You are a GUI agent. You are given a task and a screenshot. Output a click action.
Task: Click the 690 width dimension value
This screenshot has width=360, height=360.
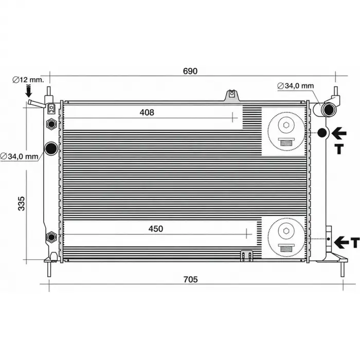(x=190, y=71)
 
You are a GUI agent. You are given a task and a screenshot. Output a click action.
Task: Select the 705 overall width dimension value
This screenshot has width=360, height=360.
(x=191, y=279)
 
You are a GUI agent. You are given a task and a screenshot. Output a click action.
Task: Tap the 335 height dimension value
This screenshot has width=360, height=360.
(x=22, y=204)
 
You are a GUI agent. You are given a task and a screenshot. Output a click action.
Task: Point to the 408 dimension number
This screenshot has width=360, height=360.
(x=147, y=112)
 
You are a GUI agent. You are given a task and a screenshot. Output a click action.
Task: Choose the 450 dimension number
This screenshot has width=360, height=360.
(x=156, y=229)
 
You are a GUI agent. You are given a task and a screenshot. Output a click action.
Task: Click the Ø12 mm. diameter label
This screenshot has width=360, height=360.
(x=28, y=80)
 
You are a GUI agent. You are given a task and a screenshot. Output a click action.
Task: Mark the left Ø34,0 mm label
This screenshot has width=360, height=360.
(x=20, y=156)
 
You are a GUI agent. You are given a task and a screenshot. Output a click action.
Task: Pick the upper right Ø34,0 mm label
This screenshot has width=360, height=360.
(x=296, y=86)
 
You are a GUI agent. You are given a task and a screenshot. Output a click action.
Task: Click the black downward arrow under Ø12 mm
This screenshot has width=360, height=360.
(x=29, y=91)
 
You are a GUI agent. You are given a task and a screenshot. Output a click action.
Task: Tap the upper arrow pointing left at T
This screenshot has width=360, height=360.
(x=338, y=133)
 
